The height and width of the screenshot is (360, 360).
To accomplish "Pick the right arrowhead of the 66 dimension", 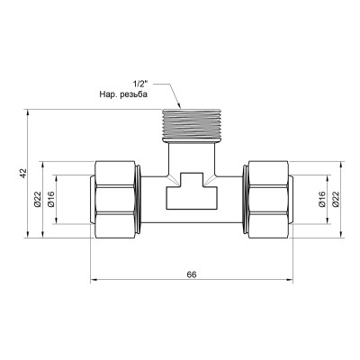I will (291, 280).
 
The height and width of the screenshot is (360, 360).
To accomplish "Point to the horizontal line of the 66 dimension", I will (144, 280).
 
